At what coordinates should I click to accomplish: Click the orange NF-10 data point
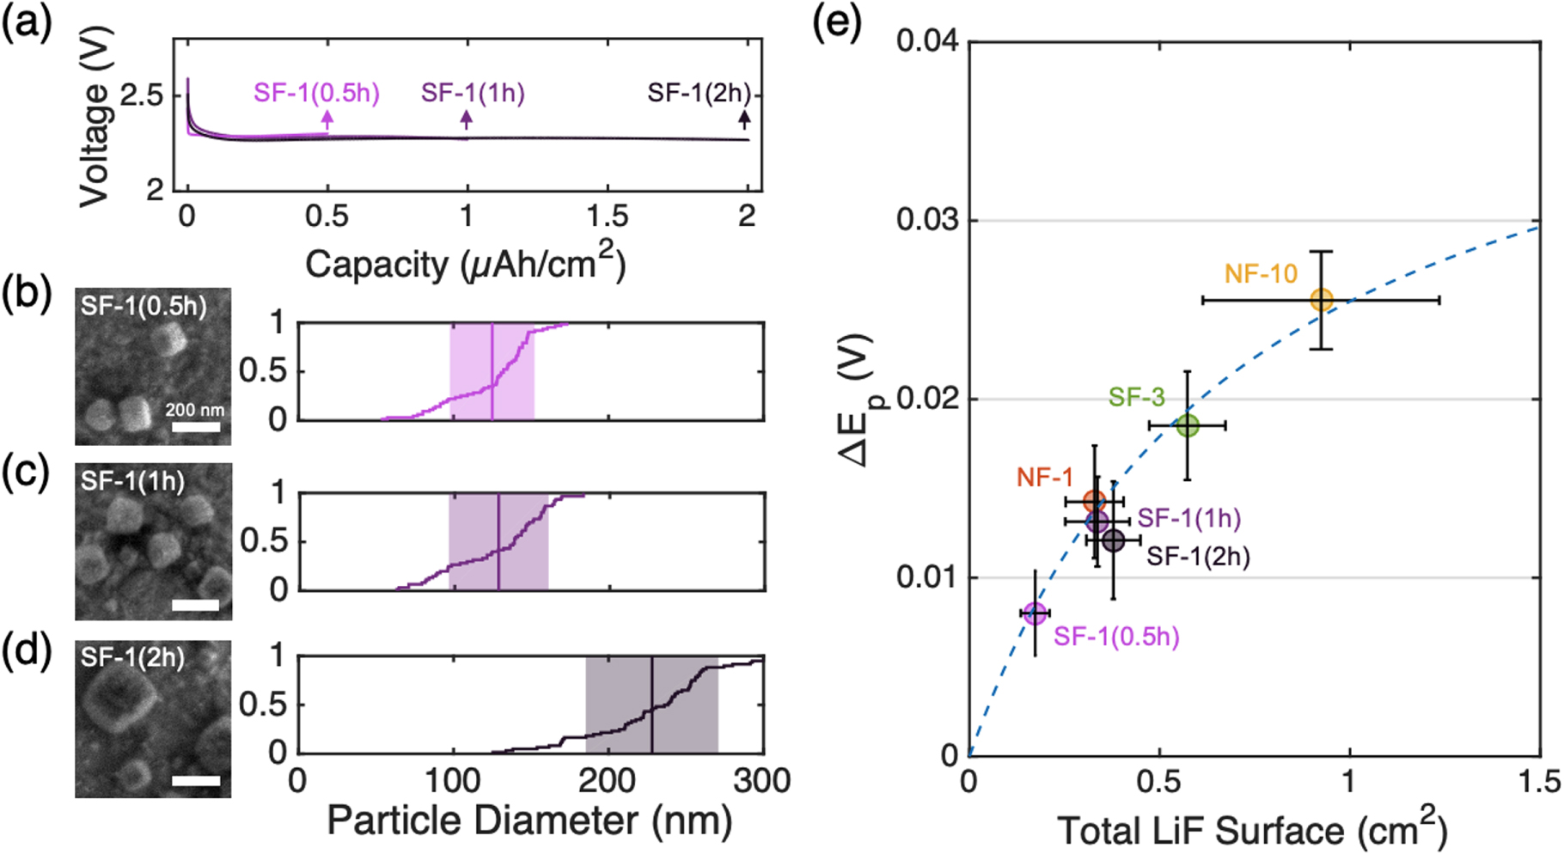[1322, 300]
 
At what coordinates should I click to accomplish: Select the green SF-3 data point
[1187, 425]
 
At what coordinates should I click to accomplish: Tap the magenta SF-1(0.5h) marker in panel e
[1036, 613]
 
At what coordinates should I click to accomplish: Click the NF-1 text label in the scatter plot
[1045, 478]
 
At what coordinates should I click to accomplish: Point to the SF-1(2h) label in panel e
[1198, 557]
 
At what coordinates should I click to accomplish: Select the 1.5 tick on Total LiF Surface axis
[1538, 782]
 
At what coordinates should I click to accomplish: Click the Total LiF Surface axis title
[1253, 830]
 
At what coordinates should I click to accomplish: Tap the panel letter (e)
[837, 23]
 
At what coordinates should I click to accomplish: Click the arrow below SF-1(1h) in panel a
[467, 119]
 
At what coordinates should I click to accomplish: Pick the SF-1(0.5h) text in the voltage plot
[316, 93]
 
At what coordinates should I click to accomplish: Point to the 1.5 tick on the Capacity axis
[607, 216]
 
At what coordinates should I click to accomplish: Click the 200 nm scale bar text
[195, 410]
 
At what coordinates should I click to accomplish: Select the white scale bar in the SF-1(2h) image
[196, 781]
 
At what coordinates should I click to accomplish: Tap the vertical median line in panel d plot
[651, 705]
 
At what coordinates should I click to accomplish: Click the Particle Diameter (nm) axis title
[529, 820]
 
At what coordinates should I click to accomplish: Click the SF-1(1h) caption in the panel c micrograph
[133, 481]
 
